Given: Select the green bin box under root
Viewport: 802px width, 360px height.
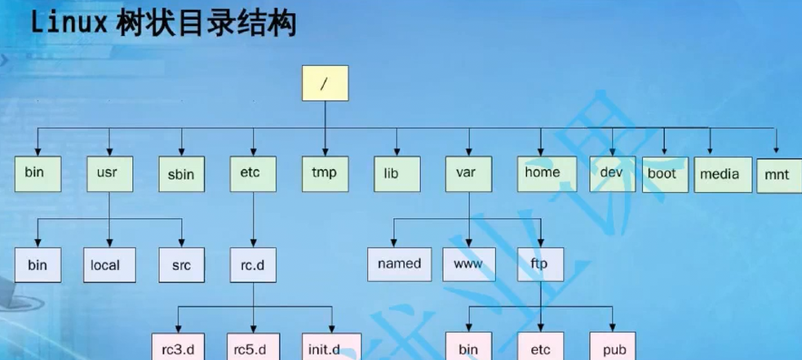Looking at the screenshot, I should click(35, 173).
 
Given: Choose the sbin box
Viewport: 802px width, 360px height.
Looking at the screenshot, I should click(180, 174).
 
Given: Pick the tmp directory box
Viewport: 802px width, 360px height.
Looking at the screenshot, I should click(324, 173).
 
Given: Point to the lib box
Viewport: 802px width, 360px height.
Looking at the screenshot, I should click(397, 174).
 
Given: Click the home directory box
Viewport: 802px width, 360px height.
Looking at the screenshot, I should click(543, 172).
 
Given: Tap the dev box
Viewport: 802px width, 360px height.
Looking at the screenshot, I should click(611, 173).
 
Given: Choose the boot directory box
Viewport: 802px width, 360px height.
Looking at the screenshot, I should click(662, 174).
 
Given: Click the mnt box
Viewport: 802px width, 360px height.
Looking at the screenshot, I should click(778, 175).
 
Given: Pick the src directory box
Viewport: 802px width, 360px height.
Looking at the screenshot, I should click(180, 264).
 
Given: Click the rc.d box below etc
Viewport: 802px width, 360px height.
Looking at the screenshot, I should click(252, 264).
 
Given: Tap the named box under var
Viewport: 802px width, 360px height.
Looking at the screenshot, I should click(399, 264).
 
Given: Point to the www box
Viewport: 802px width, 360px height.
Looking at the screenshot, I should click(468, 264).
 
